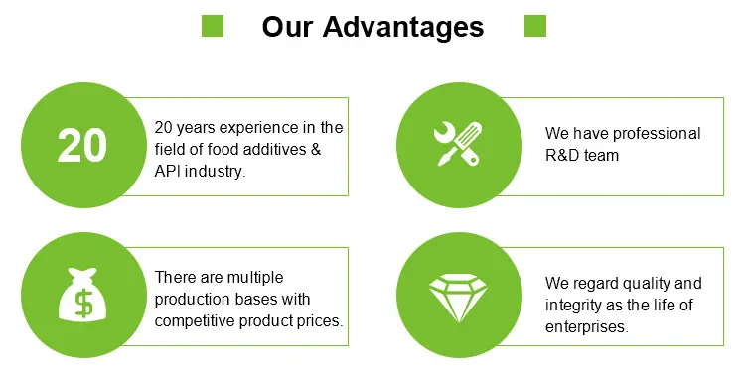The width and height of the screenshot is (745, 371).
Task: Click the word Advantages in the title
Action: coord(403,27)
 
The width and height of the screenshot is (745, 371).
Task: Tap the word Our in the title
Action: coord(286,27)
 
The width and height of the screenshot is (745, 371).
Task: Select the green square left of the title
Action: coord(213,26)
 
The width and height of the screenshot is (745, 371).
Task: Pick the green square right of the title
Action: coord(535,26)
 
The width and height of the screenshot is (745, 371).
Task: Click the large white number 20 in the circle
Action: coord(82,146)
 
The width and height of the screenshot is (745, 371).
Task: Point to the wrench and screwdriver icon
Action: coord(458,144)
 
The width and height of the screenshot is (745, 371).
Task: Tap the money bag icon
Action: coord(82,295)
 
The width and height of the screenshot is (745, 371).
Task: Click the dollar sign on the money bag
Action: coord(84,303)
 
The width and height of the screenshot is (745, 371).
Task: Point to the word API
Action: coord(167,172)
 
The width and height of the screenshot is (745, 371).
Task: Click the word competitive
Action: coord(195,321)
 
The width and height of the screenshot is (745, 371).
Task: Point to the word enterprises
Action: coord(587,327)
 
